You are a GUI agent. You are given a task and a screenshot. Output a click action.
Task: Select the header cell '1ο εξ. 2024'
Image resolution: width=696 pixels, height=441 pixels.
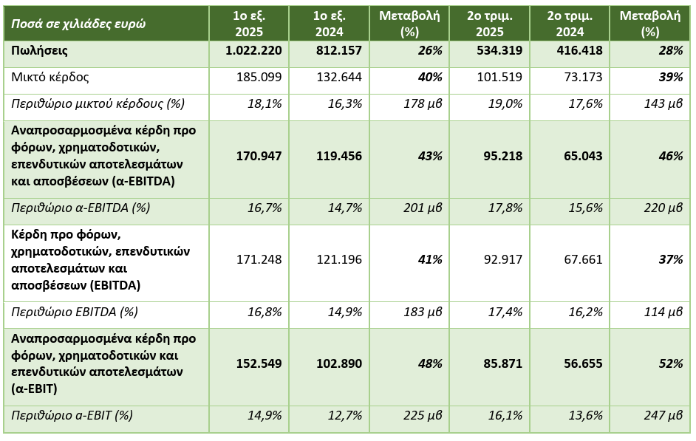pyautogui.click(x=329, y=24)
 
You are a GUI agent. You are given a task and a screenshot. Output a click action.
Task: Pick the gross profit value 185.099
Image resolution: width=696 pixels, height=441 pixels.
pyautogui.click(x=258, y=78)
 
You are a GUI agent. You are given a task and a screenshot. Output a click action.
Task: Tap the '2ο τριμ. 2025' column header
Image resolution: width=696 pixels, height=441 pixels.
pyautogui.click(x=495, y=24)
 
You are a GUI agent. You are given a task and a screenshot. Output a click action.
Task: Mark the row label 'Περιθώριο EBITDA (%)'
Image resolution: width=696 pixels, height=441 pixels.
pyautogui.click(x=75, y=312)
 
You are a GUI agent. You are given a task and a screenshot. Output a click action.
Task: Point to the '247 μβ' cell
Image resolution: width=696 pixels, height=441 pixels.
pyautogui.click(x=662, y=416)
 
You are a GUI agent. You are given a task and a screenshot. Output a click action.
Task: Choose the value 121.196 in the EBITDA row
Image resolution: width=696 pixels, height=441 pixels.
pyautogui.click(x=339, y=259)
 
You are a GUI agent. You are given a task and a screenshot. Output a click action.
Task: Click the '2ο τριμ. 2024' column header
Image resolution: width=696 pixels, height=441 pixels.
pyautogui.click(x=565, y=24)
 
